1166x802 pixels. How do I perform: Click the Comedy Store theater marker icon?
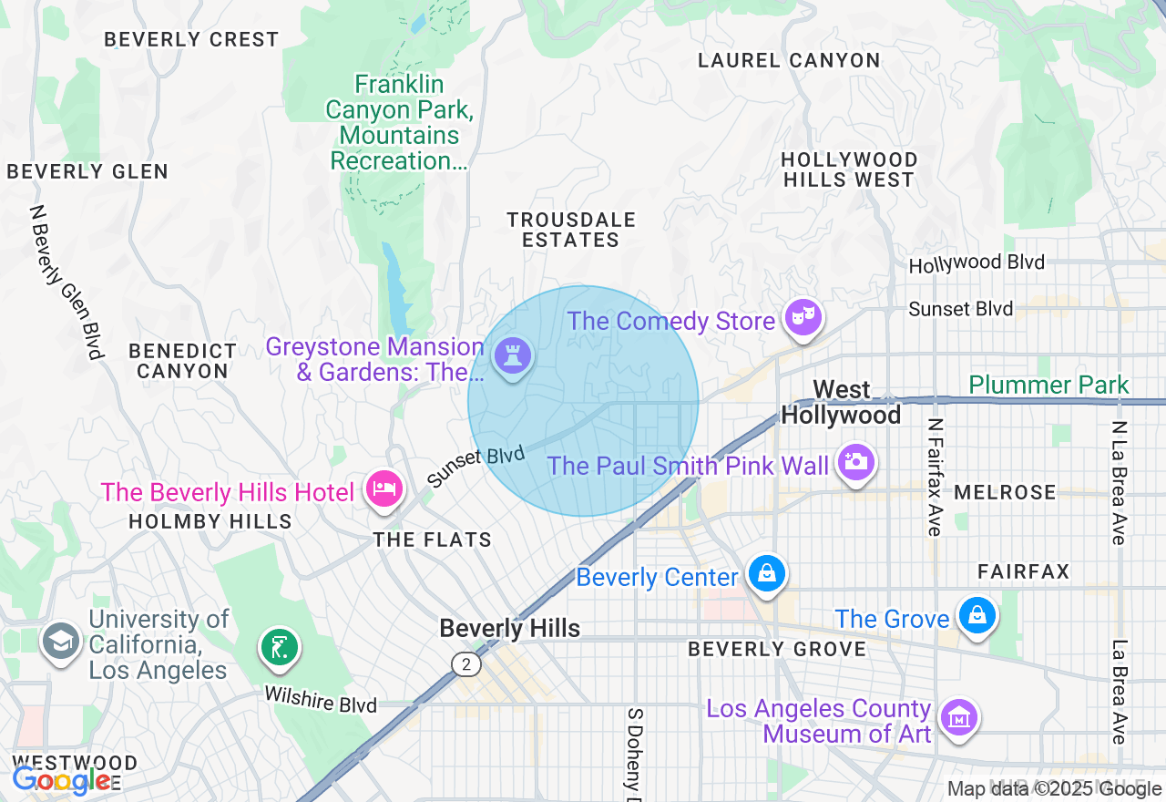coord(803,318)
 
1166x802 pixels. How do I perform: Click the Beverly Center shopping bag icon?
coord(767,573)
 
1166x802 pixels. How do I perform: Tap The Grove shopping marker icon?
coord(977,616)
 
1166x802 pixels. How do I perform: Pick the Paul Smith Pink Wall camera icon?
coord(855,462)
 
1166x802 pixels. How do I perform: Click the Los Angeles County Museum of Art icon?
coord(958,718)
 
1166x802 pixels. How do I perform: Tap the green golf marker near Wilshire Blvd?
coord(280,647)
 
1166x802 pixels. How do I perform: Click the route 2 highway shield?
coord(465,664)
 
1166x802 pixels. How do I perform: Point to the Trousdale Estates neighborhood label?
coord(571,230)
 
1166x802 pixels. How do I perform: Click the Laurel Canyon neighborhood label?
coord(789,61)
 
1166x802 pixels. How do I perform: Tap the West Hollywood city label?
coord(841,403)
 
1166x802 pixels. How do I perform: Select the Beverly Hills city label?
coord(509,629)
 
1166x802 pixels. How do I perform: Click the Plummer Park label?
coord(1048,386)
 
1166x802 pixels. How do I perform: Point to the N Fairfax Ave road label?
coord(934,478)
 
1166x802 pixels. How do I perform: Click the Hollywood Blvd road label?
coord(977,263)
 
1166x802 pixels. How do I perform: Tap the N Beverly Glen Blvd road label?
coord(66,282)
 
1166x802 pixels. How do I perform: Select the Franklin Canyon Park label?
coord(399,123)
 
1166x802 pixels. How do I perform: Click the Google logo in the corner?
coord(60,780)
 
